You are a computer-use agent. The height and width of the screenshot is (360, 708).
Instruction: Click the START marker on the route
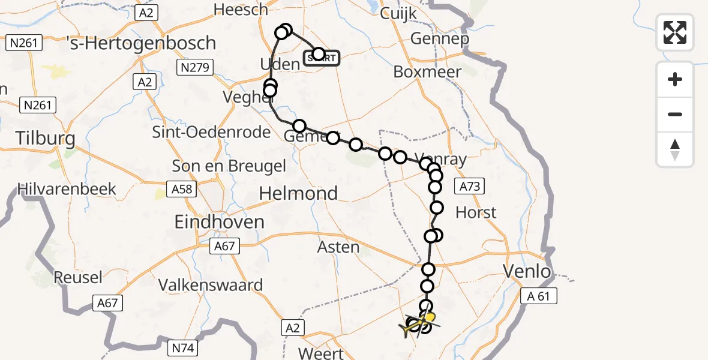[x=322, y=58]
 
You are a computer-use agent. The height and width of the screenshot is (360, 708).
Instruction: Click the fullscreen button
[x=675, y=32]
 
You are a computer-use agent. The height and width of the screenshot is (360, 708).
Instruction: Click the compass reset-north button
[x=675, y=149]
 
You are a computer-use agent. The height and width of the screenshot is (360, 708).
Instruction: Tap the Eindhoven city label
[x=219, y=222]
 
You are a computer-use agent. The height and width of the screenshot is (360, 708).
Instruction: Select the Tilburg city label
[x=46, y=139]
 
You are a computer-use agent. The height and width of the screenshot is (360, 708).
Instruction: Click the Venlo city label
[x=527, y=272]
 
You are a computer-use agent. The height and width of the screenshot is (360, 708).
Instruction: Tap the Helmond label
[x=298, y=193]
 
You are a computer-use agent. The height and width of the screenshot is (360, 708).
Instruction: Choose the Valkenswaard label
[x=211, y=284]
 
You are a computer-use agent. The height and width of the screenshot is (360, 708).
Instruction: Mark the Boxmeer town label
[x=427, y=72]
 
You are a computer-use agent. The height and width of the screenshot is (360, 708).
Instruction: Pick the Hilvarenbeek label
[x=67, y=189]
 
